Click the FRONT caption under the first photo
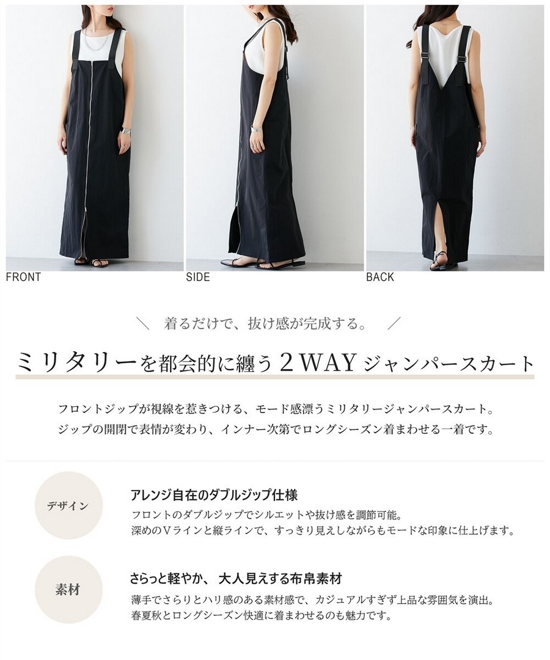point(24,277)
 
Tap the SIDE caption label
point(198,277)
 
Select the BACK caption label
point(380,277)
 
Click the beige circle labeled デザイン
point(68,505)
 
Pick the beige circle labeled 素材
point(68,590)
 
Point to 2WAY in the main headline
point(318,363)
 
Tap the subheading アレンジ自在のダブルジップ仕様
point(214,495)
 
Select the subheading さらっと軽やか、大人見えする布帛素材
point(236,579)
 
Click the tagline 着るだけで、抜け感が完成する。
point(265,324)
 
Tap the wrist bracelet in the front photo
point(125,131)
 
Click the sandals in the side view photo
point(261,263)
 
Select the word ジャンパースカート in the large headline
point(449,364)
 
